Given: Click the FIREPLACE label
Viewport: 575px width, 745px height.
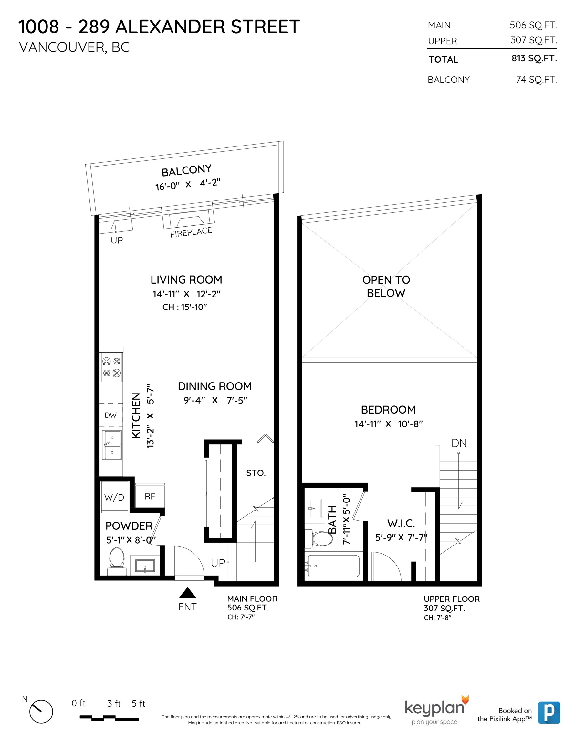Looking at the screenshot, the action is click(x=191, y=232).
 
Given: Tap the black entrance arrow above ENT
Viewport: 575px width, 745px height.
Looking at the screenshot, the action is click(x=187, y=593).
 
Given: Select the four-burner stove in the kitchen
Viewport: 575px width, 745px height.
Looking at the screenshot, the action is click(x=111, y=367).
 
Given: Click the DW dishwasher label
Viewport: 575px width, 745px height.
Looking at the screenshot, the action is click(x=110, y=415).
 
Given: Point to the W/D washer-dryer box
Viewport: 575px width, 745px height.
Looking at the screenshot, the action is click(x=114, y=497).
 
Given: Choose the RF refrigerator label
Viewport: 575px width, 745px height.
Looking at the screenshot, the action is click(x=150, y=496).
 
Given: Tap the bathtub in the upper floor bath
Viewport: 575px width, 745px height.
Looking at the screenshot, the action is click(x=334, y=566).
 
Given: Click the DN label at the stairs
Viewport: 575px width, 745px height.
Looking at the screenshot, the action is click(x=459, y=443).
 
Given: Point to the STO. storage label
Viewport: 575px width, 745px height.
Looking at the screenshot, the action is click(x=256, y=473).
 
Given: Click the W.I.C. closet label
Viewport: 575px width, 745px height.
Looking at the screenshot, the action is click(x=401, y=523).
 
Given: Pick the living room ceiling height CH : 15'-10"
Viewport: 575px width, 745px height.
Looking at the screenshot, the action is click(x=185, y=307).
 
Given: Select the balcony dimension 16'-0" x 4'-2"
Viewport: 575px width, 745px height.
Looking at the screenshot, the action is click(x=188, y=184).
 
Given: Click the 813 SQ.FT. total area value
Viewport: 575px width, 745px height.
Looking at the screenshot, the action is click(x=534, y=58).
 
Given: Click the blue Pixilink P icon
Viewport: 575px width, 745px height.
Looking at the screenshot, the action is click(x=549, y=712).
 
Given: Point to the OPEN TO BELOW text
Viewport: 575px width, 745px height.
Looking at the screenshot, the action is click(x=386, y=286).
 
